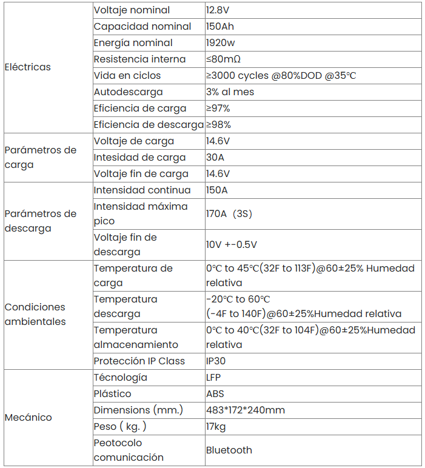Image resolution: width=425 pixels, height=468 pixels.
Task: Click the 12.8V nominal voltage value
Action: pyautogui.click(x=218, y=10)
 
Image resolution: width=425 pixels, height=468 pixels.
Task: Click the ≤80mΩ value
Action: pyautogui.click(x=223, y=59)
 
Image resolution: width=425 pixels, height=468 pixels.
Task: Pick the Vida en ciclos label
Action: pyautogui.click(x=127, y=76)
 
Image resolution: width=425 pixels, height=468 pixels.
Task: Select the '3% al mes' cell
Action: pyautogui.click(x=230, y=92)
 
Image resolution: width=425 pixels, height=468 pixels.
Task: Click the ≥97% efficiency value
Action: pyautogui.click(x=218, y=109)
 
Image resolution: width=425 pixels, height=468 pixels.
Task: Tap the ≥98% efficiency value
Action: pyautogui.click(x=218, y=125)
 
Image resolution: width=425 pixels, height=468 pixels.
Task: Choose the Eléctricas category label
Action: pyautogui.click(x=28, y=67)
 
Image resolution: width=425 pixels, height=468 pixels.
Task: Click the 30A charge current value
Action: pyautogui.click(x=215, y=158)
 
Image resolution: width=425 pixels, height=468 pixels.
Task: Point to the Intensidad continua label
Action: pyautogui.click(x=142, y=190)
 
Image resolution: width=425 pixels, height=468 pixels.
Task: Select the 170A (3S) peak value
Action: pyautogui.click(x=229, y=214)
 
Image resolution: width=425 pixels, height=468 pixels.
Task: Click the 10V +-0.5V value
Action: pyautogui.click(x=232, y=245)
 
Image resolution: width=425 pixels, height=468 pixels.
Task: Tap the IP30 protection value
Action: pyautogui.click(x=216, y=361)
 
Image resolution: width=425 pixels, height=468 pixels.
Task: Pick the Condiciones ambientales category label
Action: pyautogui.click(x=35, y=314)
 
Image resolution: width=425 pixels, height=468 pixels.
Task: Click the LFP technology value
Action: pyautogui.click(x=214, y=378)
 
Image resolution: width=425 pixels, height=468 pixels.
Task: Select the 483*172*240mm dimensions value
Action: pyautogui.click(x=246, y=410)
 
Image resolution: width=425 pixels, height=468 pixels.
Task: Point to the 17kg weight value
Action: pyautogui.click(x=216, y=427)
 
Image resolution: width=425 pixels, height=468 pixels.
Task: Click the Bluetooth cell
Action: pyautogui.click(x=229, y=450)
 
